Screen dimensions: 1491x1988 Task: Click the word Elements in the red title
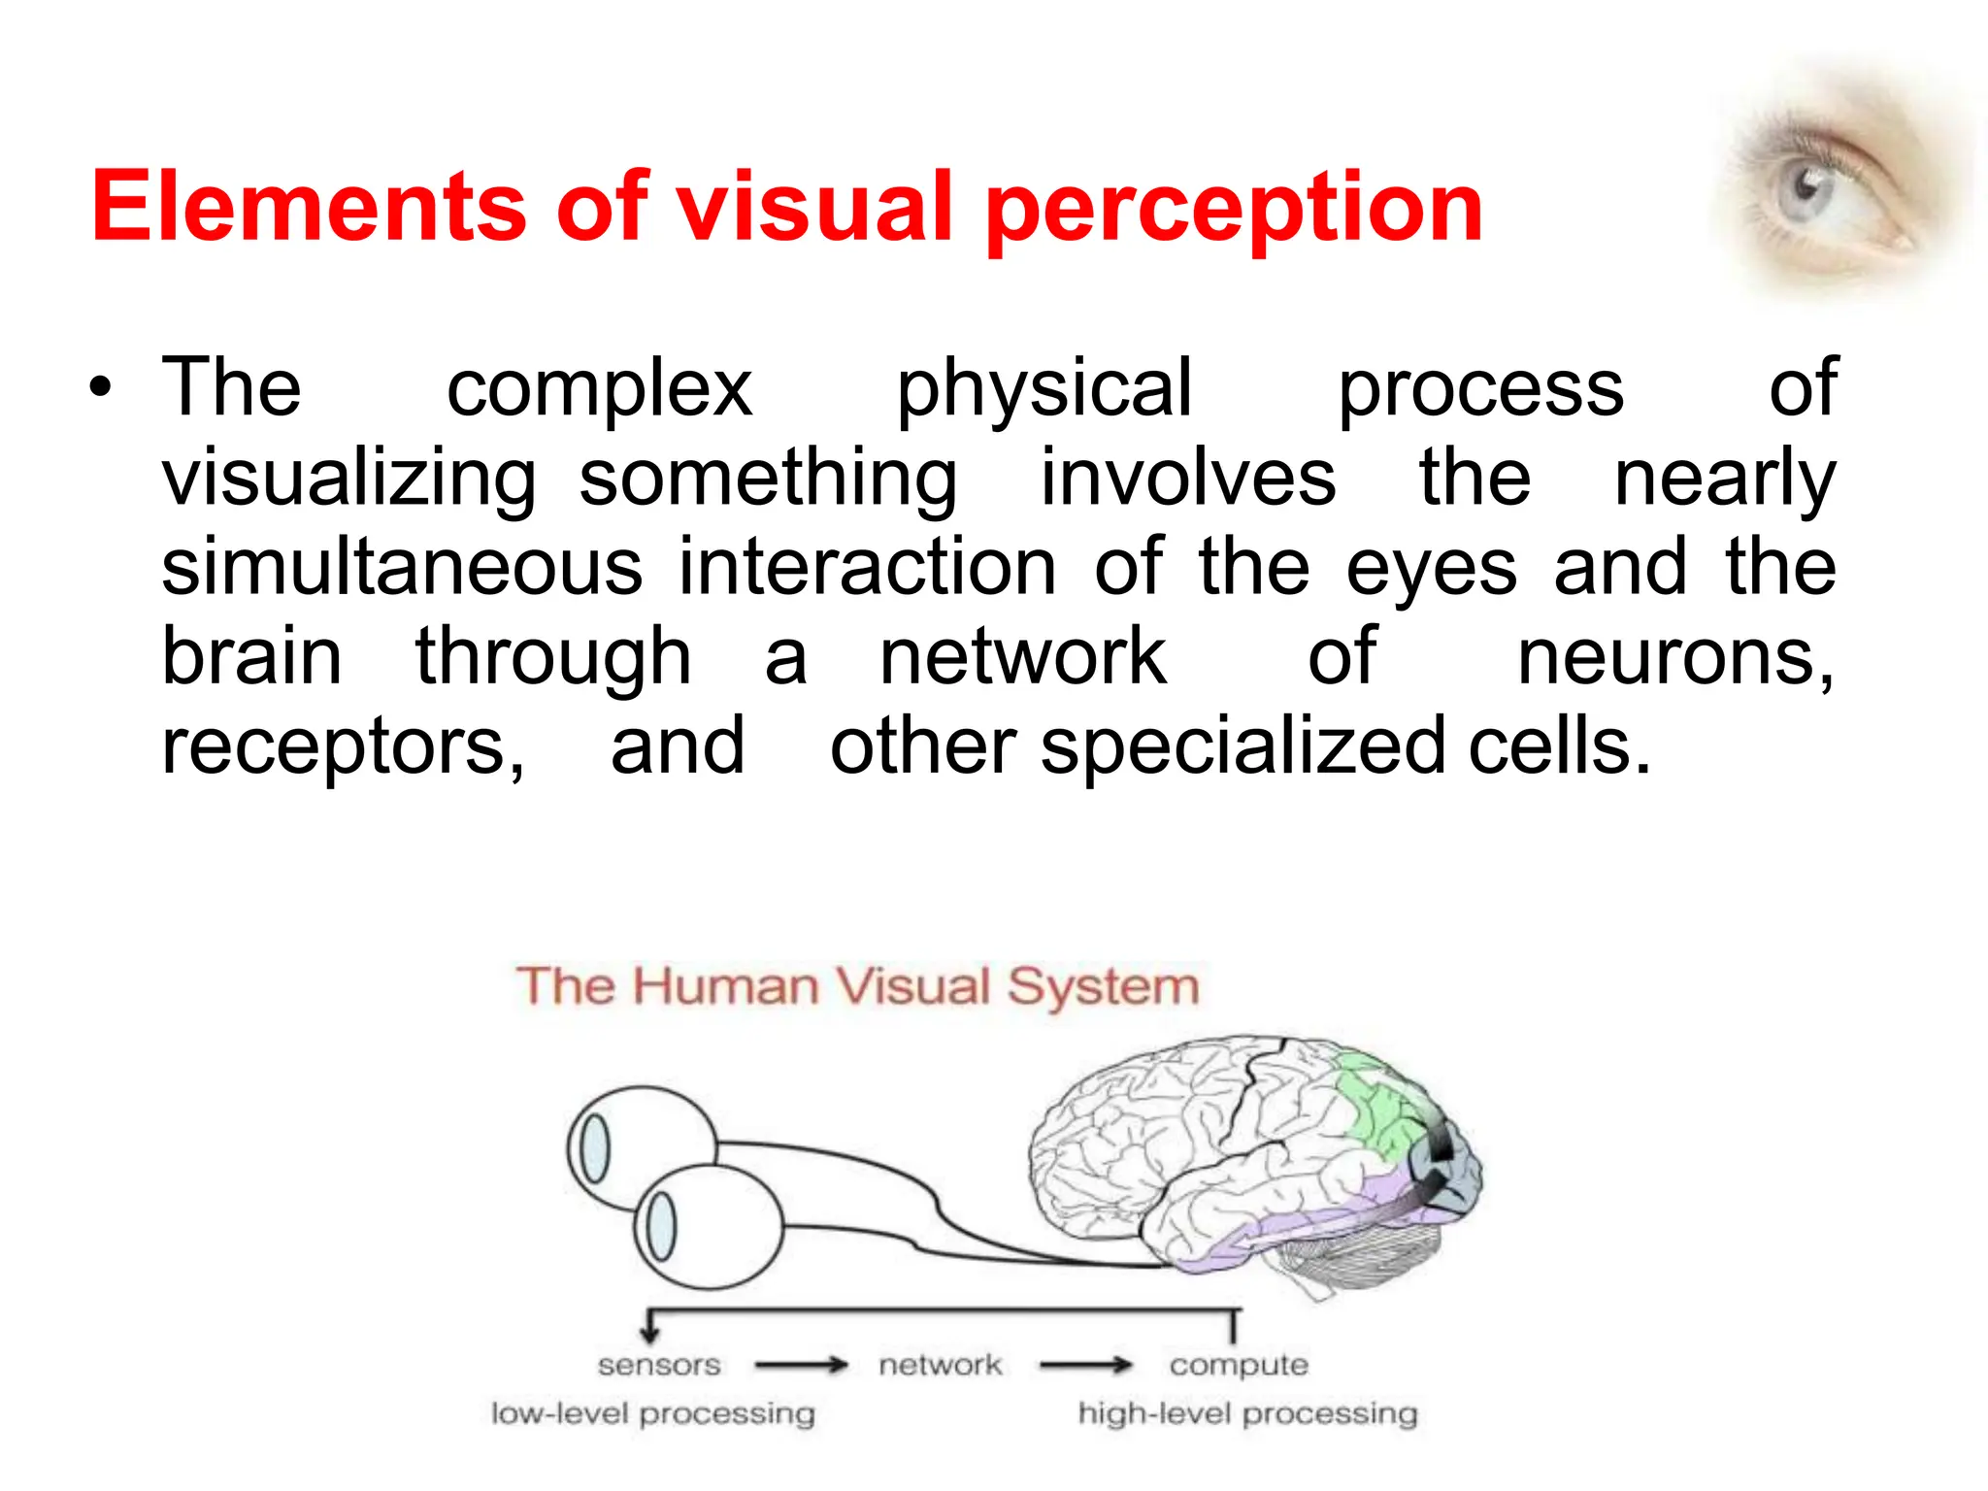pos(309,207)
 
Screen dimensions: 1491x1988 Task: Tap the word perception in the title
pos(1233,209)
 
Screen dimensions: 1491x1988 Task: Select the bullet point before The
pos(100,389)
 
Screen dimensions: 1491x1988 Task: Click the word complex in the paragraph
pos(599,388)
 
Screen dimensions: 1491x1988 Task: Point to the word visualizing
pos(348,479)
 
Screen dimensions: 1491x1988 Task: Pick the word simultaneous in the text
pos(402,567)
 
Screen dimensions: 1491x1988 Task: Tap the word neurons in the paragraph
pos(1673,657)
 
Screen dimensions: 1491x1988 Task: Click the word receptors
pos(343,747)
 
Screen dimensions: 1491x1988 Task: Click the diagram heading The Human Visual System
pos(857,986)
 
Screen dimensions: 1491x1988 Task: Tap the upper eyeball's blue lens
pos(594,1148)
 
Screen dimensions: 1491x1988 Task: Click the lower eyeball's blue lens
pos(661,1225)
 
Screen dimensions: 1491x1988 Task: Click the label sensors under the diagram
pos(659,1365)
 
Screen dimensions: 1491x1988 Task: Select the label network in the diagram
pos(940,1365)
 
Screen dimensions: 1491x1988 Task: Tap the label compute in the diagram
pos(1239,1366)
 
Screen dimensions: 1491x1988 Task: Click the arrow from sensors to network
pos(801,1366)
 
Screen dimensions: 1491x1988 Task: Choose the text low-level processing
pos(652,1413)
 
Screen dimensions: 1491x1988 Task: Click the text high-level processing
pos(1247,1413)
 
